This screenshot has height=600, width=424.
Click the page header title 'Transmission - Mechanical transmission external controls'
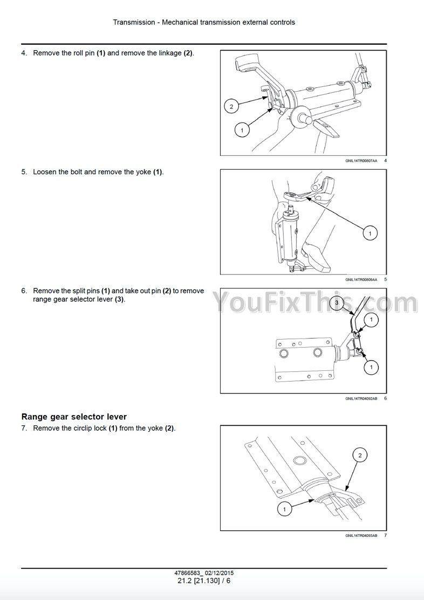click(x=204, y=22)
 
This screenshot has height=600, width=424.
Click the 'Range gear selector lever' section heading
click(x=74, y=417)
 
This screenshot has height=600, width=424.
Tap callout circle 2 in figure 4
click(x=231, y=106)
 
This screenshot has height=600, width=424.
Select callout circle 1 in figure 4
click(x=242, y=130)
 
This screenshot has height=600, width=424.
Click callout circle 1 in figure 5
click(x=370, y=233)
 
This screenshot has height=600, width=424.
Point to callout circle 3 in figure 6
click(x=337, y=302)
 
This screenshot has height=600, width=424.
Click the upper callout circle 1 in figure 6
click(x=371, y=320)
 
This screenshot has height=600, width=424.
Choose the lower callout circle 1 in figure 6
click(x=371, y=367)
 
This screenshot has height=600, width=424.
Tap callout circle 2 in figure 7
click(x=360, y=455)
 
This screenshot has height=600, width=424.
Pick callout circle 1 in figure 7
click(x=284, y=509)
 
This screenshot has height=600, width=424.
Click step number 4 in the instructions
click(x=24, y=53)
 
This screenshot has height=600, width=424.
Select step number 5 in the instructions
click(x=24, y=172)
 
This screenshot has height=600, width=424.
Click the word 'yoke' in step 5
click(x=143, y=172)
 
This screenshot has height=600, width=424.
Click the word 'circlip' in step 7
click(x=84, y=428)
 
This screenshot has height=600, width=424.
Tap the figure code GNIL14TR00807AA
click(x=361, y=161)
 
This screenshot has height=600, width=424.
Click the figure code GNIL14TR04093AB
click(x=361, y=535)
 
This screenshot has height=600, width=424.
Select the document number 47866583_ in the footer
click(x=188, y=573)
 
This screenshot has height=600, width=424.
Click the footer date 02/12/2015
click(x=219, y=573)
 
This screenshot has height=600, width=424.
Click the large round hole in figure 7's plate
click(x=299, y=460)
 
